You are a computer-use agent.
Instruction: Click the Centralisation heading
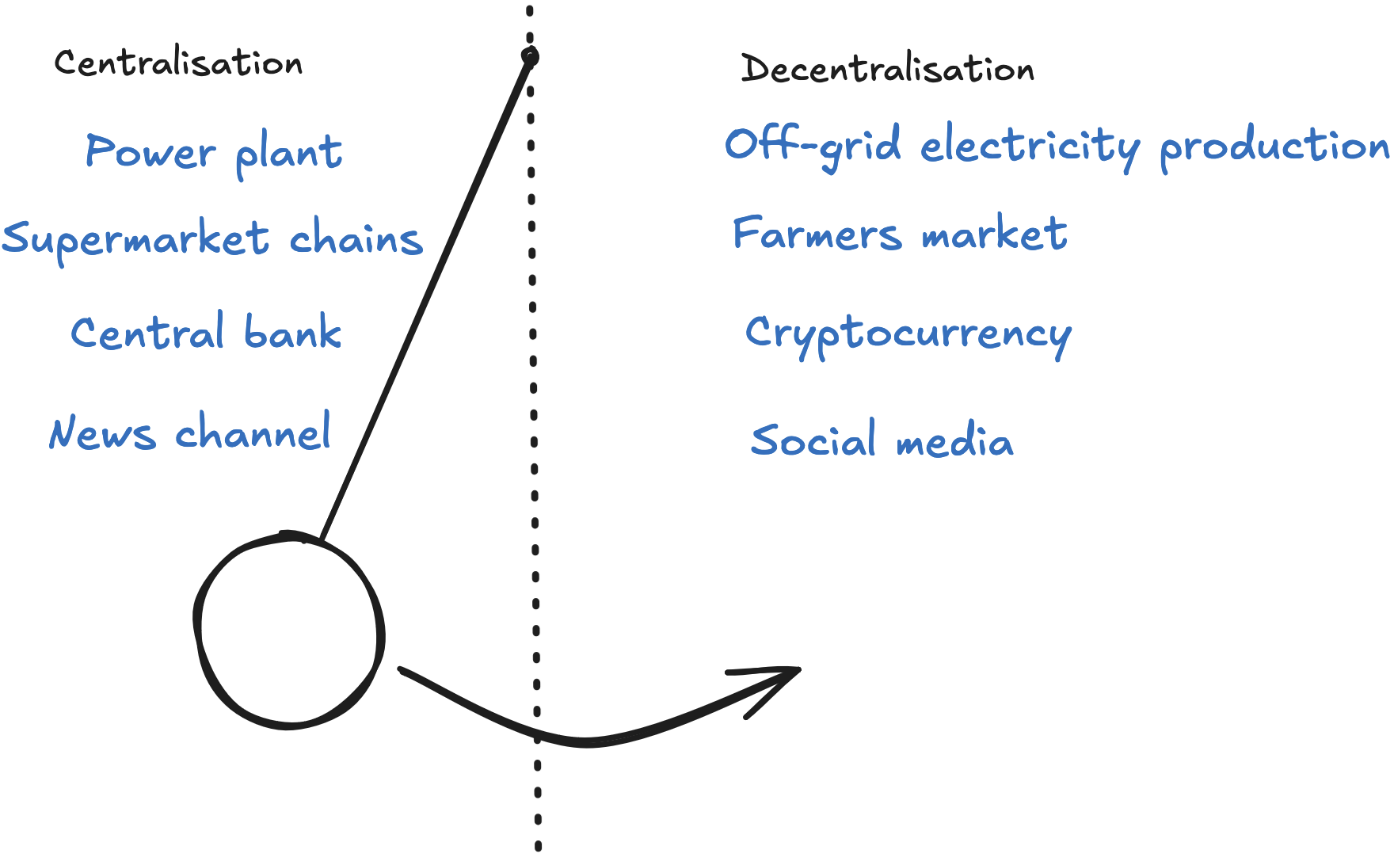point(178,63)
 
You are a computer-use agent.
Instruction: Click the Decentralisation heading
point(887,69)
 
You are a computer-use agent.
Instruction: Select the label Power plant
point(214,152)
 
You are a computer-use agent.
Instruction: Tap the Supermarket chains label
point(212,240)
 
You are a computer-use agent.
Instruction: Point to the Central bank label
point(206,333)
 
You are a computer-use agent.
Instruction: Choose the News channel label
point(190,433)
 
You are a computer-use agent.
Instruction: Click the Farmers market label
point(900,234)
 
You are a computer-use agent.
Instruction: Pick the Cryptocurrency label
point(908,334)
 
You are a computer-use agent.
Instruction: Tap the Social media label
point(882,440)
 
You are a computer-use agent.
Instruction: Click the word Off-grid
point(813,146)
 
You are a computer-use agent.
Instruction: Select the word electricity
point(1030,147)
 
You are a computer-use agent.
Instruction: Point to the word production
point(1274,147)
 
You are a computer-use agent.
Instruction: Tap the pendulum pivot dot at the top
point(530,57)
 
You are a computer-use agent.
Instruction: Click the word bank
point(293,332)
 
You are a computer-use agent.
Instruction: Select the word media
point(954,441)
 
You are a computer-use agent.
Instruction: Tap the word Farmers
point(817,234)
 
